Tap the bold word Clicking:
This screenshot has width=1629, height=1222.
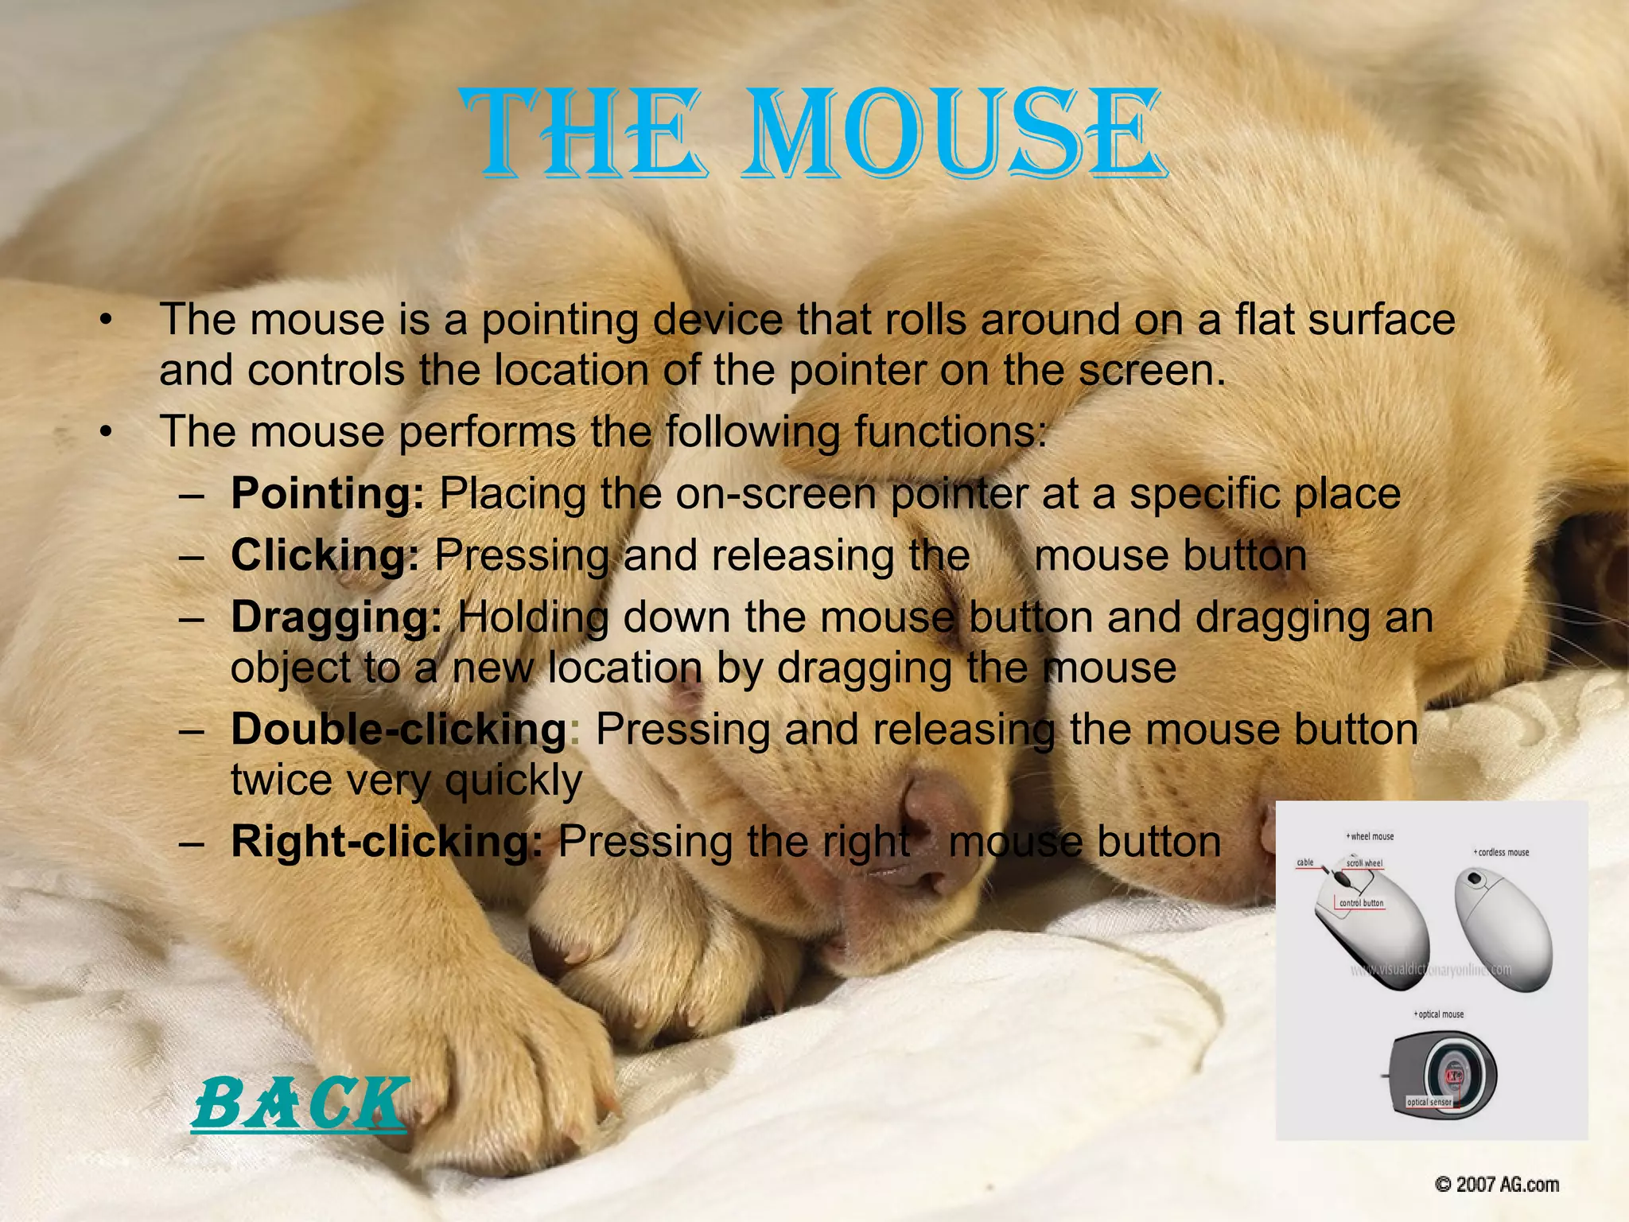click(x=325, y=555)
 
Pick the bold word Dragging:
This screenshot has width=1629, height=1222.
click(x=336, y=617)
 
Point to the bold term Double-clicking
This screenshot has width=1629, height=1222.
click(x=398, y=729)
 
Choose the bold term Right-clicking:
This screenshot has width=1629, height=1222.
click(x=387, y=842)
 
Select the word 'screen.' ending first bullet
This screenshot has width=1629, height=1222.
click(x=1154, y=371)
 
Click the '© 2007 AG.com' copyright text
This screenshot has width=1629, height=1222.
click(x=1496, y=1185)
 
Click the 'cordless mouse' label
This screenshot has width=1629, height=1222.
click(x=1503, y=852)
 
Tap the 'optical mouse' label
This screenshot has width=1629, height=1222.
click(x=1440, y=1014)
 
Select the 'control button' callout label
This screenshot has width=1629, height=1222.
click(x=1361, y=903)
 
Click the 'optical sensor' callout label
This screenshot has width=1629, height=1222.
click(x=1429, y=1102)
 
